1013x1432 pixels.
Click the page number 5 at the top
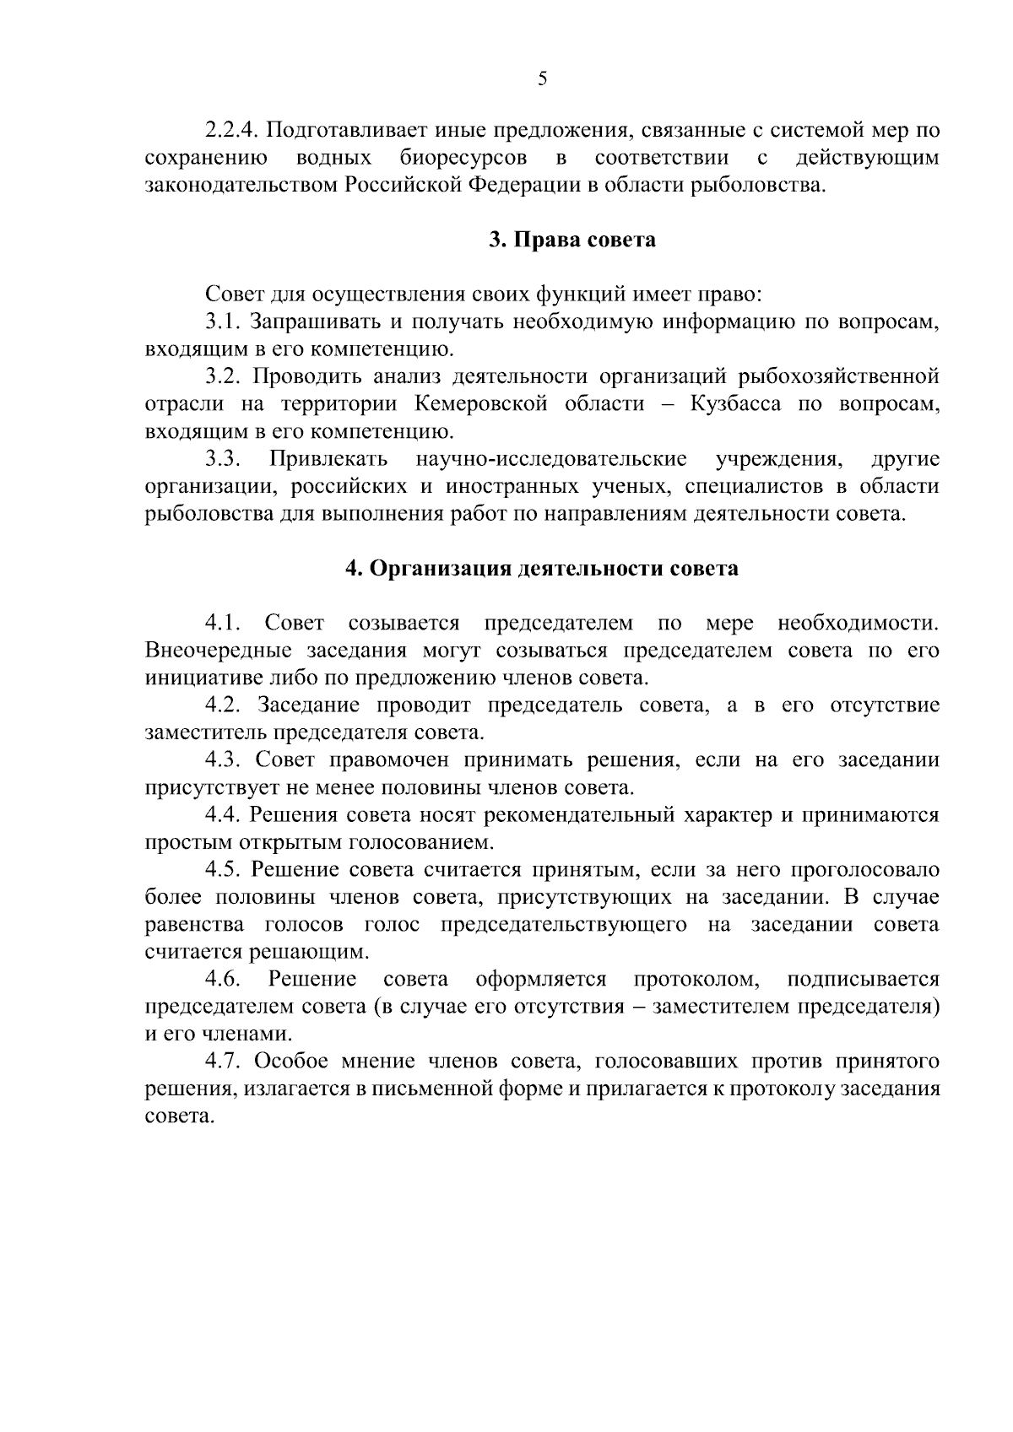point(542,79)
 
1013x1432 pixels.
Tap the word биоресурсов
point(463,158)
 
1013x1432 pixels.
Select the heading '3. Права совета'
point(572,240)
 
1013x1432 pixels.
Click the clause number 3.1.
point(223,322)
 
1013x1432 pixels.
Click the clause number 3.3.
point(223,460)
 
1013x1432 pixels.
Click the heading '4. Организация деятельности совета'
point(542,569)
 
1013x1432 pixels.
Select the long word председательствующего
point(563,925)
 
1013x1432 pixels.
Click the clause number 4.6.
point(223,980)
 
